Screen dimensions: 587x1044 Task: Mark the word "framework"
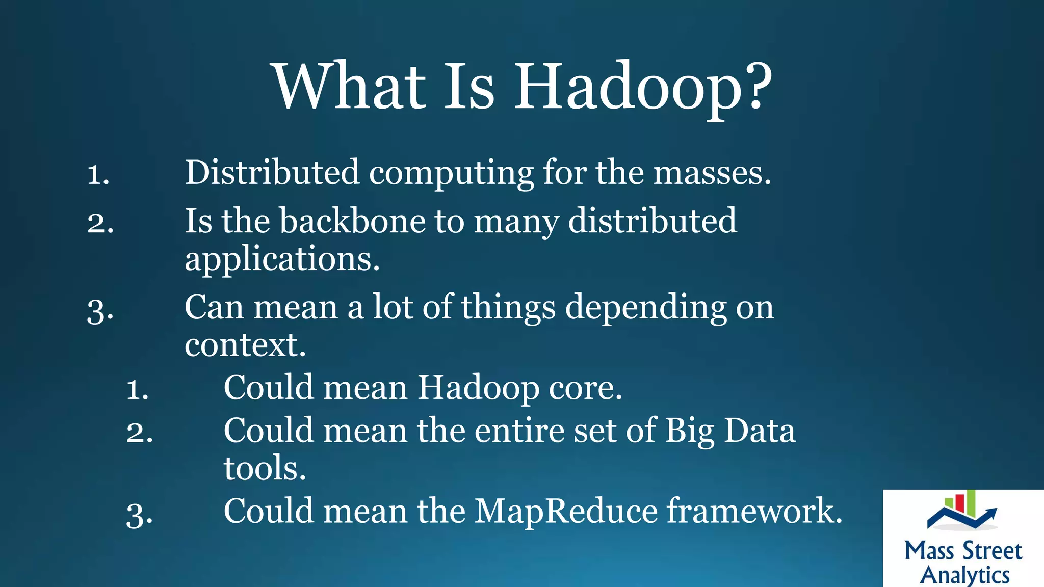751,511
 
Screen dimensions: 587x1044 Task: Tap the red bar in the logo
959,503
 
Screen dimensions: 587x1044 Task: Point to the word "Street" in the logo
992,551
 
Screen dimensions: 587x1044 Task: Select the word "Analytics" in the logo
964,575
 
